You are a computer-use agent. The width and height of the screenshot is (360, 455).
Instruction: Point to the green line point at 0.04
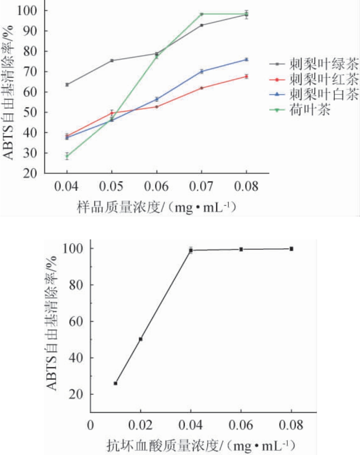(x=67, y=156)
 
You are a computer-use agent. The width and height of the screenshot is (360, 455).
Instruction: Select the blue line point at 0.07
(x=202, y=71)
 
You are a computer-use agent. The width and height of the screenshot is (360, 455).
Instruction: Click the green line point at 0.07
(x=202, y=14)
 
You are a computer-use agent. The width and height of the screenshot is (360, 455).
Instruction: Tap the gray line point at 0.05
(x=112, y=61)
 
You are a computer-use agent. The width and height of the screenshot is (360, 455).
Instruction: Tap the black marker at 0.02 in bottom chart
(x=141, y=339)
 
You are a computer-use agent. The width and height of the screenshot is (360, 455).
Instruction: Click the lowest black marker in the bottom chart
(x=116, y=383)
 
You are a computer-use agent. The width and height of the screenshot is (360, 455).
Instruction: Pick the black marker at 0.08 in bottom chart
(x=292, y=249)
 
